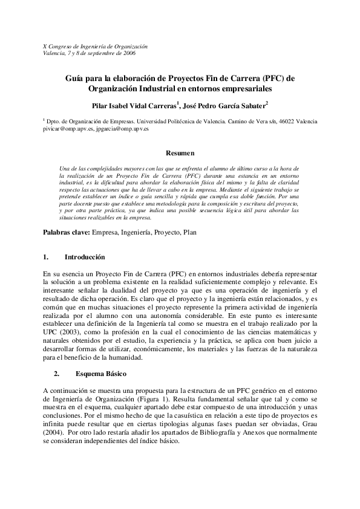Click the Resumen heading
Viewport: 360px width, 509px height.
pos(180,154)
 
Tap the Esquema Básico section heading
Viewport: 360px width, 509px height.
pos(97,374)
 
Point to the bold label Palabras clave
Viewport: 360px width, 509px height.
pos(66,232)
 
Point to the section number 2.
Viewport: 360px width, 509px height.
pos(56,374)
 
